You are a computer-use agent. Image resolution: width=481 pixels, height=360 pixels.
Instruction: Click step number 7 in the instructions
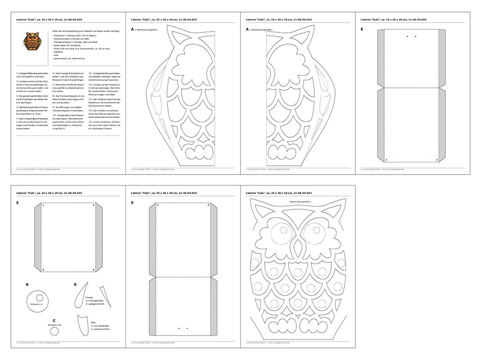click(54, 84)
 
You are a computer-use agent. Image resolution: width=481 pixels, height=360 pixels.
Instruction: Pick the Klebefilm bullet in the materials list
click(59, 52)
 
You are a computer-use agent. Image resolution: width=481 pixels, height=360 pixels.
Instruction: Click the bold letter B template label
click(27, 284)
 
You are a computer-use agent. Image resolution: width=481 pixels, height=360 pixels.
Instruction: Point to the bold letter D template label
click(75, 284)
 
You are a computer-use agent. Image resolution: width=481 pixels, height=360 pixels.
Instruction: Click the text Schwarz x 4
click(36, 305)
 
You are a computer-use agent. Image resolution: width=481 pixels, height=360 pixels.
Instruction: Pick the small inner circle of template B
click(39, 297)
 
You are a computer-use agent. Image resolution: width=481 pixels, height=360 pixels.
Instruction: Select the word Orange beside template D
click(89, 297)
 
